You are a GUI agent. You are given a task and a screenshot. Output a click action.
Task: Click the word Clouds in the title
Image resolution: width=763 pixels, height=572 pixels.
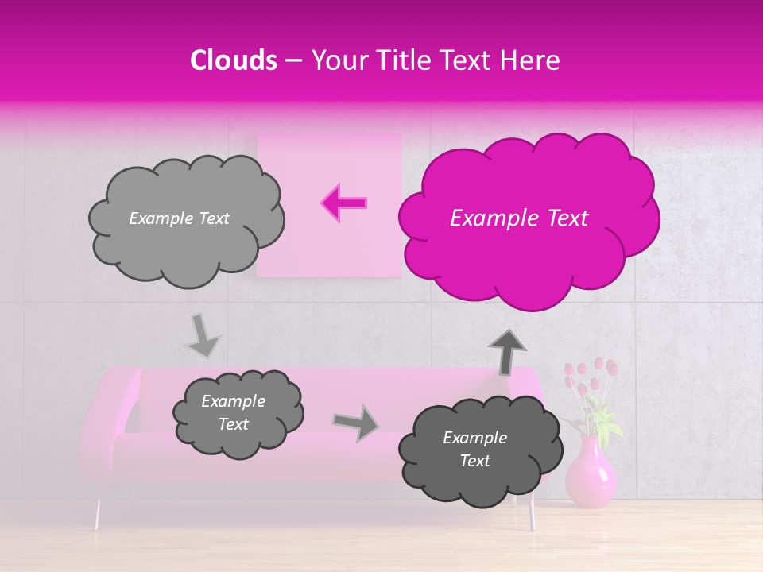tap(234, 60)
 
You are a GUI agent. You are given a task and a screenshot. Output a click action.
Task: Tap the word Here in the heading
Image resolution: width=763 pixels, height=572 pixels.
tap(532, 60)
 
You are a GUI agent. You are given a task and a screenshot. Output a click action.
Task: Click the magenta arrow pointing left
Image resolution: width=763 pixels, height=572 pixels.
tap(344, 203)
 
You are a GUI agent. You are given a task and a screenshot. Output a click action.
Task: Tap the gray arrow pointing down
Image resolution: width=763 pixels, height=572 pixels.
tap(203, 335)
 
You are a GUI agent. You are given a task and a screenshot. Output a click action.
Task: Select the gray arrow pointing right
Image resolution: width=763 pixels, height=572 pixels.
tap(356, 423)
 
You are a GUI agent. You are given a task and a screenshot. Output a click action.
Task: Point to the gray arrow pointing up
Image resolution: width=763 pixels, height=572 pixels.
tap(507, 352)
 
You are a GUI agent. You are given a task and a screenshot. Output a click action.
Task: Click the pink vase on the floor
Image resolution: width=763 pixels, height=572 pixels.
tap(591, 473)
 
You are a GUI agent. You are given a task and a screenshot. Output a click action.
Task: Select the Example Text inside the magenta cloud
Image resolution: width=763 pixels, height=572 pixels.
tap(519, 218)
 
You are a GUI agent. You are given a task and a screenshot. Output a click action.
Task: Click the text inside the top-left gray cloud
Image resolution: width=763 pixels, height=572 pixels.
tap(179, 218)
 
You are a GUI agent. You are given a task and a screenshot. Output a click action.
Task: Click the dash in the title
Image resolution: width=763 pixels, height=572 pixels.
tap(293, 61)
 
